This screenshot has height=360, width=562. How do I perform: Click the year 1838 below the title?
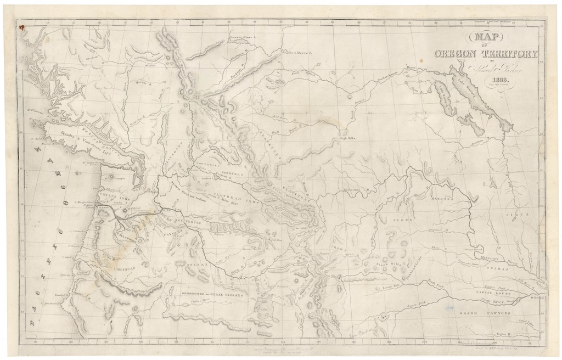pyautogui.click(x=494, y=78)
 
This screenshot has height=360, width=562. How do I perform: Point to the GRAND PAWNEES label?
pyautogui.click(x=485, y=313)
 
